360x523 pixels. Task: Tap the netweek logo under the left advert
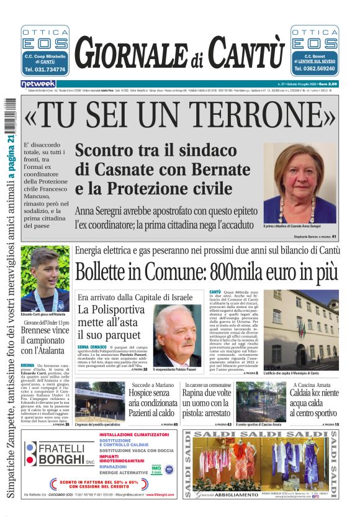38,83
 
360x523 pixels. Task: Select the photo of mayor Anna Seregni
300,183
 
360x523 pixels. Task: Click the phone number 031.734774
45,70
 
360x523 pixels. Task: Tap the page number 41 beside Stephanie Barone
334,237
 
